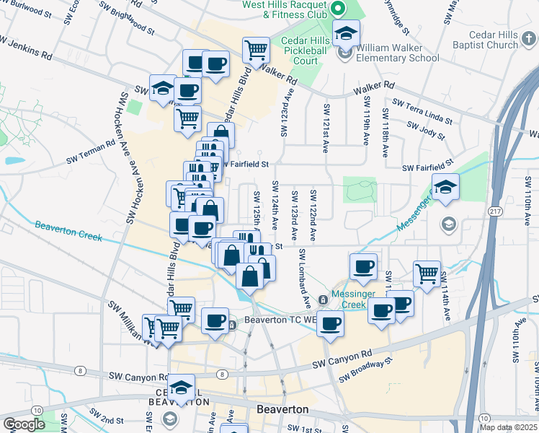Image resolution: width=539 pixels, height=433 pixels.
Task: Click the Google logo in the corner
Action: [x=24, y=424]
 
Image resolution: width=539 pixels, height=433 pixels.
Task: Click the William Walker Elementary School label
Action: [x=396, y=53]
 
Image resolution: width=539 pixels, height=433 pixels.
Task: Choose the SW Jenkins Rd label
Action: [x=26, y=51]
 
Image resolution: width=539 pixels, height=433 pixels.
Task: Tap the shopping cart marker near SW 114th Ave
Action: [x=427, y=272]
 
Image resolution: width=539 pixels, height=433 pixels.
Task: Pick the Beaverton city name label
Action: [x=282, y=409]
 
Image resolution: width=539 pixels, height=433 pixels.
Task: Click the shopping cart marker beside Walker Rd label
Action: [x=256, y=49]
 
